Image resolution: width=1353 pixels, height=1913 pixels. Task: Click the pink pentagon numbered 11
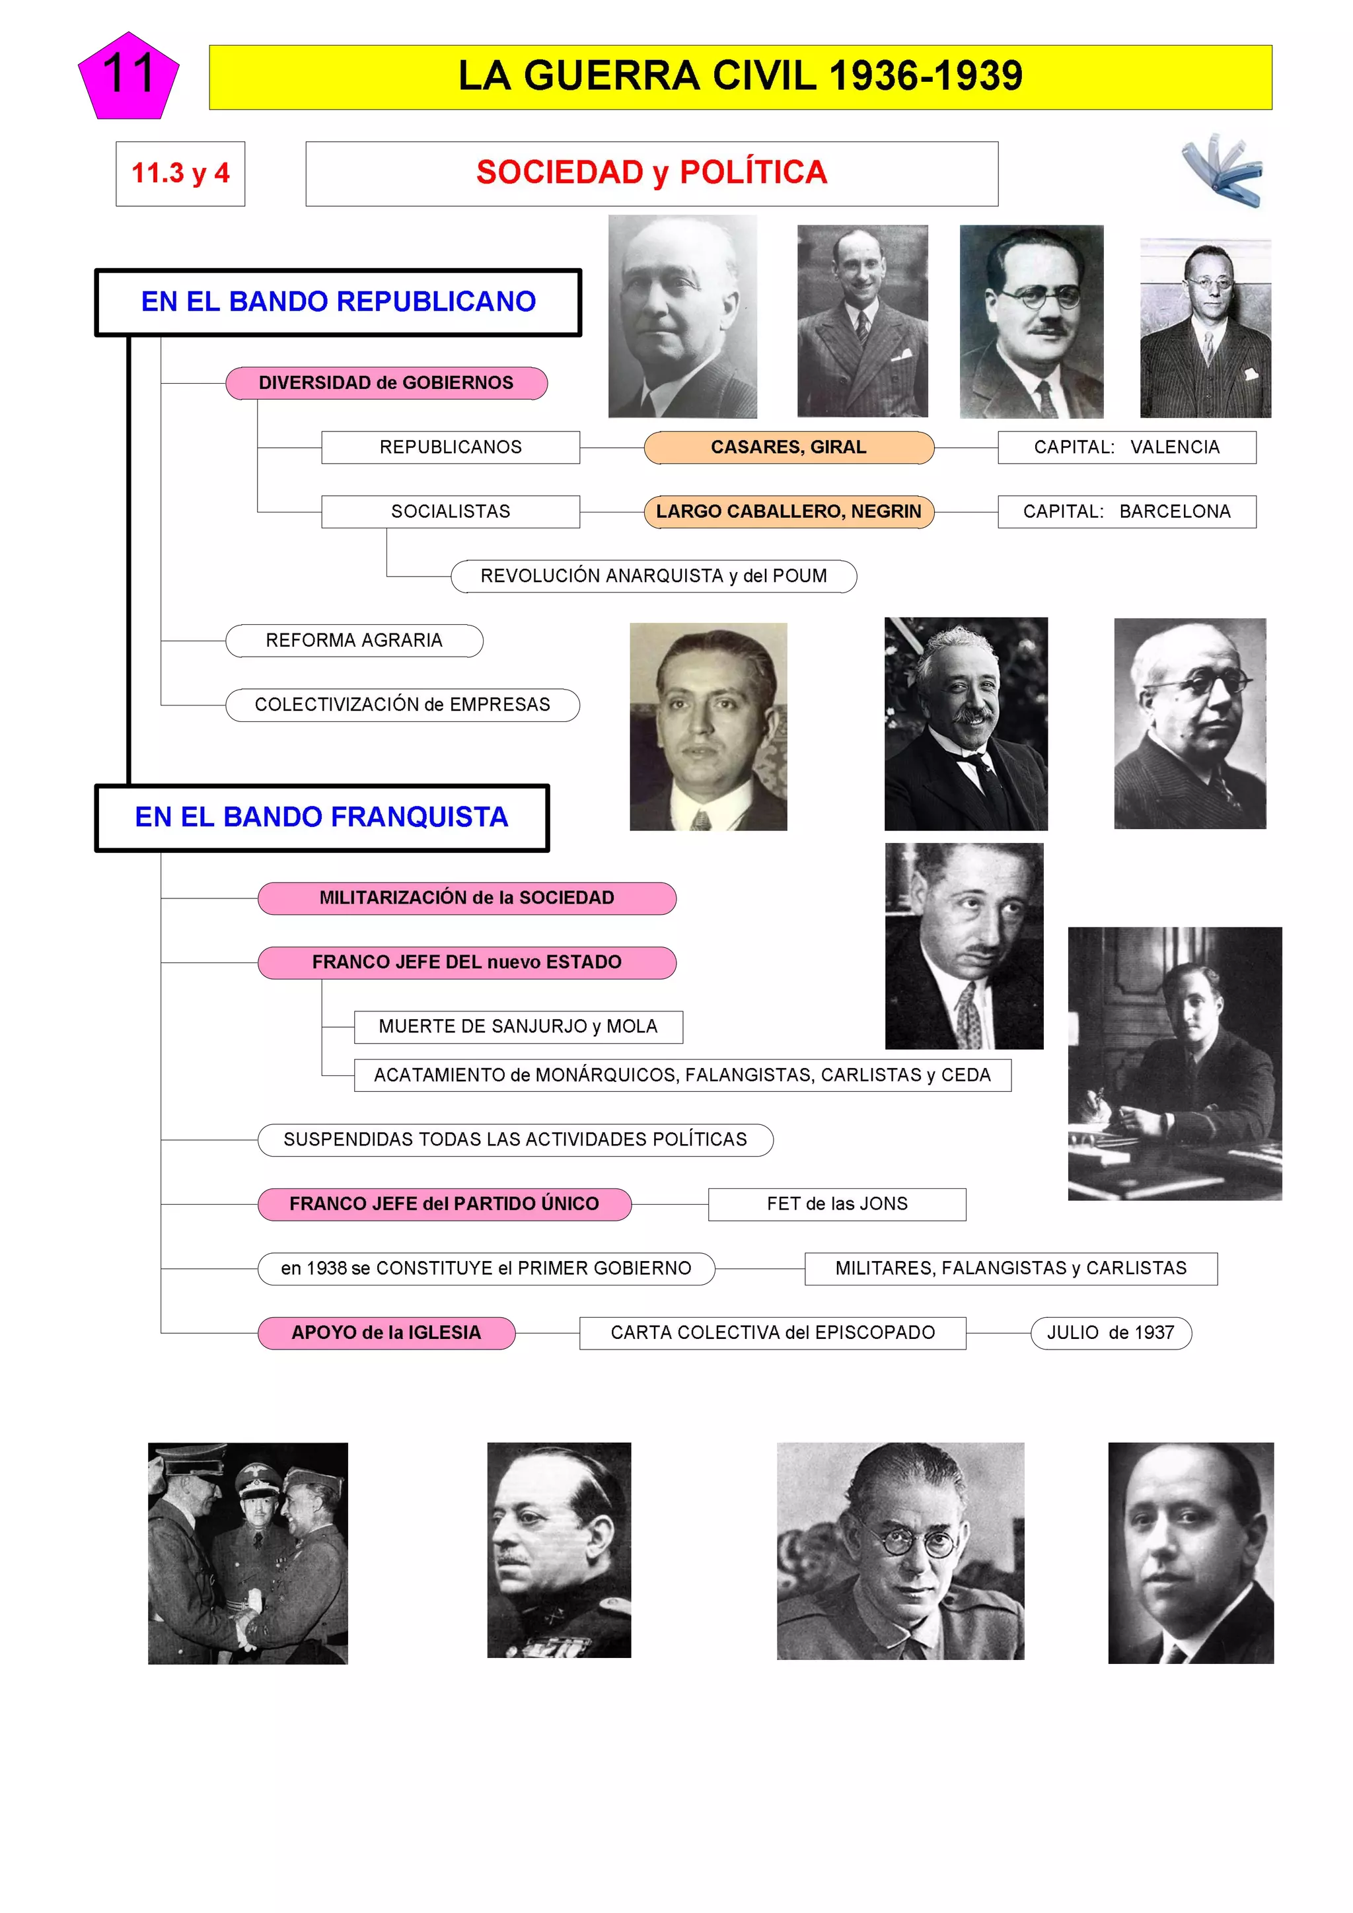point(128,77)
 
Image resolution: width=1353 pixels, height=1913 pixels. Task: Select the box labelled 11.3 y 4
point(180,173)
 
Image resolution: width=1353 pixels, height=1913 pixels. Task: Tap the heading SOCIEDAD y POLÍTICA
point(651,173)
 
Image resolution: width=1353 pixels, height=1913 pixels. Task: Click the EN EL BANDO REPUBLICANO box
point(338,302)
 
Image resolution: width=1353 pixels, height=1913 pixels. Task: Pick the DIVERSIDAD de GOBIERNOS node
point(386,383)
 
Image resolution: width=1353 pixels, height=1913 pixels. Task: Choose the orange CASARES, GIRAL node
point(788,447)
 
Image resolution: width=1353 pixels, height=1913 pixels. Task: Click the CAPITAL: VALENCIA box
point(1126,447)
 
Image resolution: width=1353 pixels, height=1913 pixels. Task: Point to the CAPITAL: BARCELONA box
point(1126,511)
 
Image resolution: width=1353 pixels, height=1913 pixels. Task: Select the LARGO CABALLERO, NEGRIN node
point(788,511)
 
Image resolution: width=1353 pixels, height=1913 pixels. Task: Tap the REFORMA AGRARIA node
point(354,641)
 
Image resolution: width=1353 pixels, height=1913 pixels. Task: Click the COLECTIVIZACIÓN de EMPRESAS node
point(402,705)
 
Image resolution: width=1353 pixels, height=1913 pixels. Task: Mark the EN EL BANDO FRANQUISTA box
point(322,817)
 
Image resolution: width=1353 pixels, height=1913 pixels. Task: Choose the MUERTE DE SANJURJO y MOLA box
point(518,1027)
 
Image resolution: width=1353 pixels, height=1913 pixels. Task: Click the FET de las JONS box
point(836,1204)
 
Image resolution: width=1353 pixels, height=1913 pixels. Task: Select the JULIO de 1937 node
point(1111,1333)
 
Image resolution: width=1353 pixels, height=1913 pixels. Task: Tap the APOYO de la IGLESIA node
point(386,1333)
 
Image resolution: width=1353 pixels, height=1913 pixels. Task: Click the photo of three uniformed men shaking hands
point(248,1553)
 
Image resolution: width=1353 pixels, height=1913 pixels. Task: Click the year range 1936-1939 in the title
point(926,77)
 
